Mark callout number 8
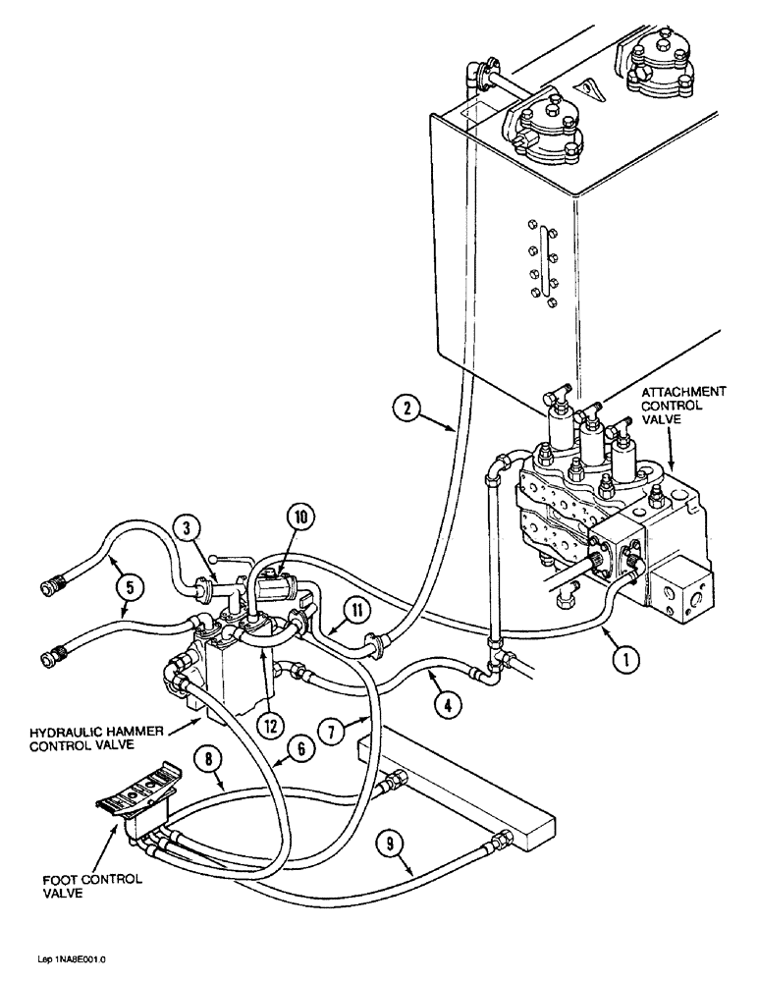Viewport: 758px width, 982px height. coord(209,759)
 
